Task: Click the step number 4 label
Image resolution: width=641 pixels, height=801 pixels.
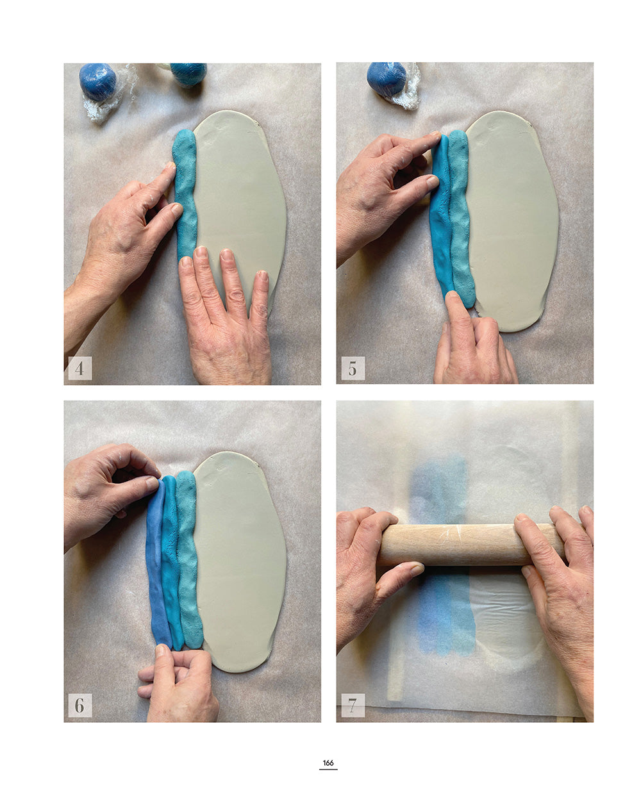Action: [x=79, y=368]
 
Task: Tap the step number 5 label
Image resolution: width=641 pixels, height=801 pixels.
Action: [x=353, y=368]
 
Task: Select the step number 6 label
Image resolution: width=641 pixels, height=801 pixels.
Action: [x=79, y=706]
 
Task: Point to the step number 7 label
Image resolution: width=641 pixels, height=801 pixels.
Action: [x=353, y=706]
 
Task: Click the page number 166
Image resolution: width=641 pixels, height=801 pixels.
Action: [x=328, y=763]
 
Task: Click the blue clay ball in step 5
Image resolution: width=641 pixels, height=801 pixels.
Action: [x=387, y=78]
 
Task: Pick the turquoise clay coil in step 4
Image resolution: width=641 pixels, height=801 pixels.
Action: [x=186, y=192]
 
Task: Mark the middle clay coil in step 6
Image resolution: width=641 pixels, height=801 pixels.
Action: [x=171, y=564]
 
